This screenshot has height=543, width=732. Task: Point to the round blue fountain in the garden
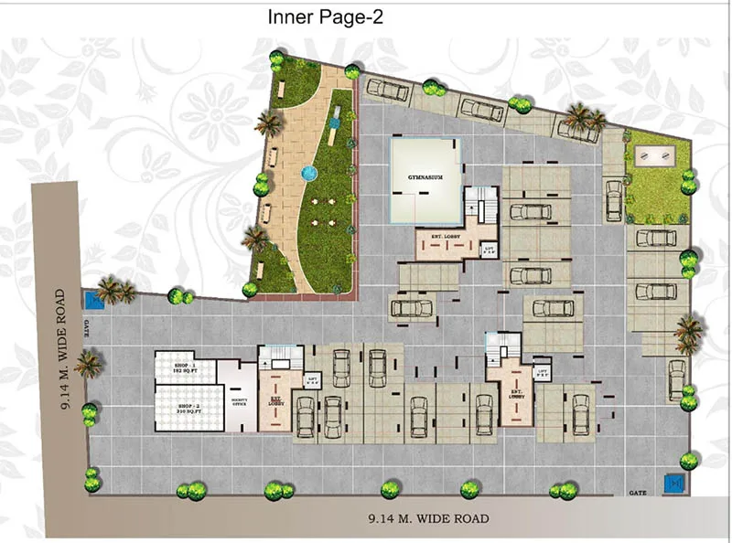tap(307, 171)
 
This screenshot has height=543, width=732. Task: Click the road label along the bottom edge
tap(428, 519)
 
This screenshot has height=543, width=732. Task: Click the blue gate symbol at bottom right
tap(674, 482)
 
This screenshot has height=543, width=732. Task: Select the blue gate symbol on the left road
tap(91, 299)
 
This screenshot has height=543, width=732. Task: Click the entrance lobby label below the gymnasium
tap(445, 242)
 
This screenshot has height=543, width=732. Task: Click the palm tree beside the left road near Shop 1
tap(88, 365)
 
